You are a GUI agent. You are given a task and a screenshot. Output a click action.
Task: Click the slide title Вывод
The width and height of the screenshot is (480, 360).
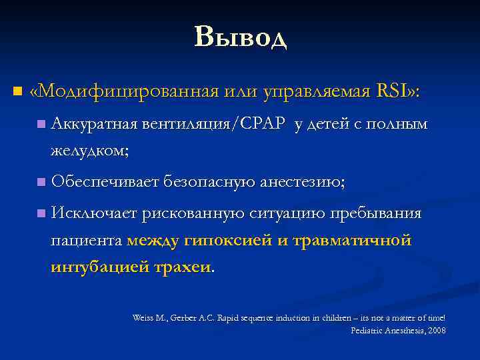point(241,37)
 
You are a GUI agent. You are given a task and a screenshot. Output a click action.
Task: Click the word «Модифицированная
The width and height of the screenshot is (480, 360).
point(125,91)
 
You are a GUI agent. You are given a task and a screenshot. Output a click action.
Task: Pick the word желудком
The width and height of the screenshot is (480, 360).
point(89,151)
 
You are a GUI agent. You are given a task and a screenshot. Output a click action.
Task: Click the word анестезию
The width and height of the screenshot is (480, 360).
point(303,182)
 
